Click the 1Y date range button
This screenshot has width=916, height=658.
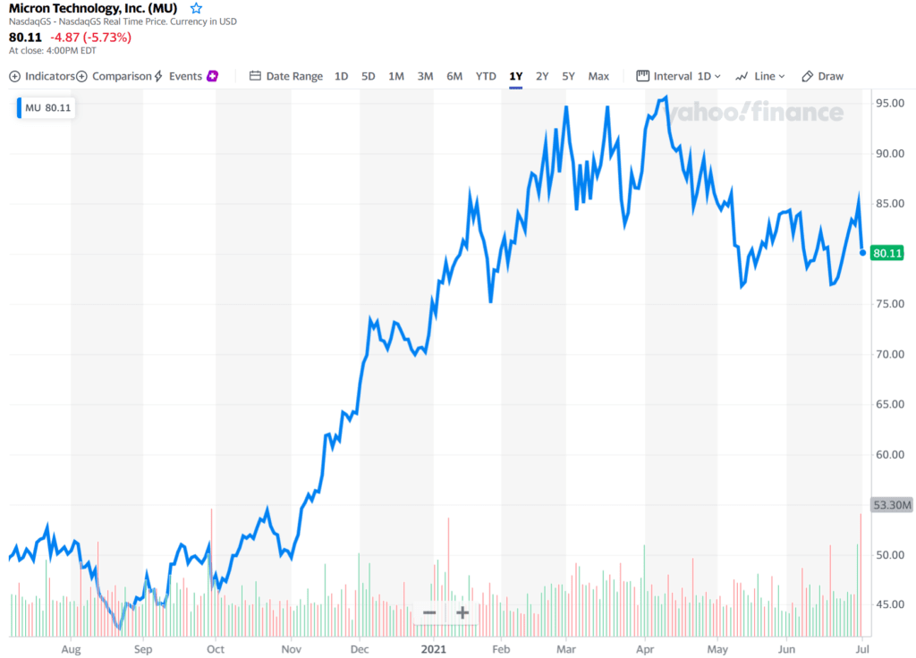tap(515, 76)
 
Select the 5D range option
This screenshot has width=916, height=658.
tap(368, 76)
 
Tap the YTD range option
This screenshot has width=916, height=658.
tap(486, 76)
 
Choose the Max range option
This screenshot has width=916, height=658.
tap(598, 76)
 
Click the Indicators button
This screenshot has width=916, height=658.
tap(42, 76)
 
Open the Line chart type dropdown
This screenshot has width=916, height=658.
tap(759, 76)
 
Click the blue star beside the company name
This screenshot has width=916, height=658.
tap(197, 8)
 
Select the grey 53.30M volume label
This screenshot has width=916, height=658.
tap(890, 505)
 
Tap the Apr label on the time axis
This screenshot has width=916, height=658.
tap(644, 647)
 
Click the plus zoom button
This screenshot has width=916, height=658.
tap(462, 612)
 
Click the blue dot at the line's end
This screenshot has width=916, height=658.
tap(862, 252)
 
